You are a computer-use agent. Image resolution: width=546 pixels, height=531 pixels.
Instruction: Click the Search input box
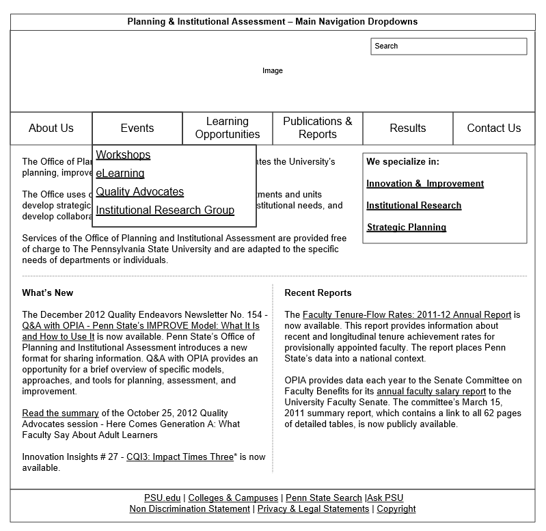point(448,46)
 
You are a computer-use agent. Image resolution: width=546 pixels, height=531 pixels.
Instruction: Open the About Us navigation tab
point(51,128)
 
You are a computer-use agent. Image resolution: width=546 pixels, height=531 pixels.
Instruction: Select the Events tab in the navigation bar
point(137,128)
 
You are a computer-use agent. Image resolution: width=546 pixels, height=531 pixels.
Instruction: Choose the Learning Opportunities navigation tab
point(228,128)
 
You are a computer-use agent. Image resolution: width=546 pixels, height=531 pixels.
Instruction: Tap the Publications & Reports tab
point(318,128)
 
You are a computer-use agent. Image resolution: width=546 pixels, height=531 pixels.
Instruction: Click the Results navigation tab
point(408,128)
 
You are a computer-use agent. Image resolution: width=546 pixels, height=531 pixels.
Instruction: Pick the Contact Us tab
point(493,128)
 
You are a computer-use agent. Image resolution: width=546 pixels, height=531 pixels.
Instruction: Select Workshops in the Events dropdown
point(123,155)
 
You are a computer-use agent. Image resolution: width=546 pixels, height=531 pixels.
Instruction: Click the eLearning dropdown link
point(120,174)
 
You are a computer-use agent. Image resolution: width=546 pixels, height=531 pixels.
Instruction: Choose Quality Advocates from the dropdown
point(140,192)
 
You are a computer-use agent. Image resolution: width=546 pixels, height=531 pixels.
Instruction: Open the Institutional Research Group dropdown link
point(165,210)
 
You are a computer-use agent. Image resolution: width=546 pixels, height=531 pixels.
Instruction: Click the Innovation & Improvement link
point(425,184)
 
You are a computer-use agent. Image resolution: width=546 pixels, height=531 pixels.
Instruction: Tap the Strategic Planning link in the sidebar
point(407,228)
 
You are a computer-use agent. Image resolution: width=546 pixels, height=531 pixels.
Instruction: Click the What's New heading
point(47,293)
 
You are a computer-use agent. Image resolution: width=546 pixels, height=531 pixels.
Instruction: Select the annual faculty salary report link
point(431,392)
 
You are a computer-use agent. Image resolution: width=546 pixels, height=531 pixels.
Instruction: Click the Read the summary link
point(60,413)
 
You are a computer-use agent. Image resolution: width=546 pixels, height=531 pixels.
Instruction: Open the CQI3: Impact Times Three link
point(180,457)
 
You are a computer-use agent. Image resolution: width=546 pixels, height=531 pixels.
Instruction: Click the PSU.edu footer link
point(163,498)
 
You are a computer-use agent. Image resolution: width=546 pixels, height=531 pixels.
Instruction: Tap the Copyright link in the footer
point(396,509)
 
